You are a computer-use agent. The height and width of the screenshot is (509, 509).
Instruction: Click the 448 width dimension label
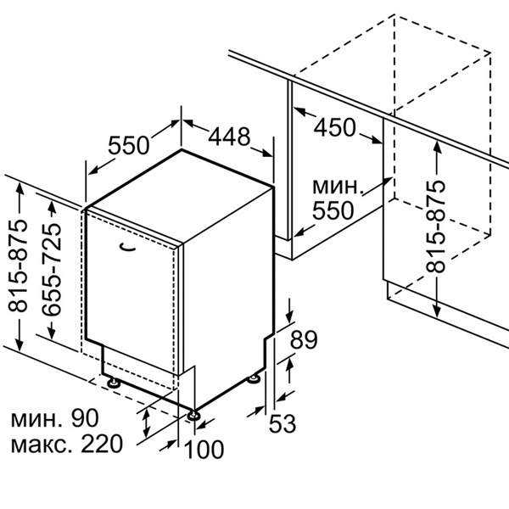(x=229, y=137)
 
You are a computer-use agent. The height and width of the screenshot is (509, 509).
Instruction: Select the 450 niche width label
(x=335, y=127)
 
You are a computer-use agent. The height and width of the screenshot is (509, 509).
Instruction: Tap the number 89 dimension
(x=304, y=339)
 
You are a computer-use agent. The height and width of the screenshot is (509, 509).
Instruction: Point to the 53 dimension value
(x=282, y=423)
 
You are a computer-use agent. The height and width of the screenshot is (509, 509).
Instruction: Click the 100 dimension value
(x=204, y=450)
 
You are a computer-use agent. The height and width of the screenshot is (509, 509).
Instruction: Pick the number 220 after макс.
(x=102, y=444)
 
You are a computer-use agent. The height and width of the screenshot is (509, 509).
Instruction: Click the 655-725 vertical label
(x=51, y=269)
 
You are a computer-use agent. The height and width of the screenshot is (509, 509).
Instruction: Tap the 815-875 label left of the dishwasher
(x=17, y=266)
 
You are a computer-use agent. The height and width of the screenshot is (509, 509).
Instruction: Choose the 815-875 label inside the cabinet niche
(x=435, y=227)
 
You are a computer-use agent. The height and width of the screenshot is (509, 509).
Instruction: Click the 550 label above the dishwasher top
(x=129, y=145)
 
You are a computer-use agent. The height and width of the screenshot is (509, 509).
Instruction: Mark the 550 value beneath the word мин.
(x=333, y=210)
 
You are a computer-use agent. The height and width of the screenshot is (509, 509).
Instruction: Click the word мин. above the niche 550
(x=337, y=187)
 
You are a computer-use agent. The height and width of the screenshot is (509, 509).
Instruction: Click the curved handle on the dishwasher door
(x=127, y=248)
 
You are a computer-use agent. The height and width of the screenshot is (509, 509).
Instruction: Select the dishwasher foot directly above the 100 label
(x=193, y=415)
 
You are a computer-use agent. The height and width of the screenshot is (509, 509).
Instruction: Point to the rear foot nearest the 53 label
(x=254, y=379)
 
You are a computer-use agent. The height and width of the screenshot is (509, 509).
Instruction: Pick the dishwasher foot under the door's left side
(x=114, y=383)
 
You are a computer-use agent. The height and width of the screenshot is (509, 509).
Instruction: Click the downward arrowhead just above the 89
(x=290, y=316)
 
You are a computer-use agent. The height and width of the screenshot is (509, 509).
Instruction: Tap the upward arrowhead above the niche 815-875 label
(x=437, y=148)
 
